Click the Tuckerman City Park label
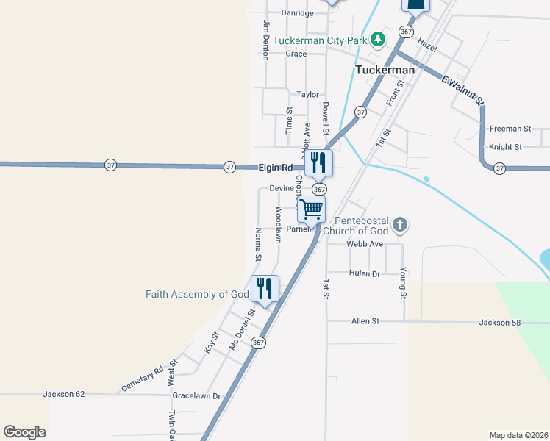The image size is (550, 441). point(319,40)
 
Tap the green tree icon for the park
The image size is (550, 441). point(377,38)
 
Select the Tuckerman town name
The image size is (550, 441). point(385,70)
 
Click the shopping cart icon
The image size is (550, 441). point(312,209)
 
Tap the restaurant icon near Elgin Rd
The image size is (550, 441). point(319,162)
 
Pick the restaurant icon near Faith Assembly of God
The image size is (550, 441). point(265,288)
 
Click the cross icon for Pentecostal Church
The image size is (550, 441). point(399,224)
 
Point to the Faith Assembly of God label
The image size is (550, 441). point(198,294)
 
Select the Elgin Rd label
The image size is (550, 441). point(276,168)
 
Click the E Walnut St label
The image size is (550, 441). point(462,90)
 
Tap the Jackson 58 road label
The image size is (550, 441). point(500,322)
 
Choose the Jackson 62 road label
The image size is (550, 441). point(65,394)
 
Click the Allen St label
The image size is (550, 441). point(365,321)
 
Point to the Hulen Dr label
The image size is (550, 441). point(365,273)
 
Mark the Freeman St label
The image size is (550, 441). point(505,129)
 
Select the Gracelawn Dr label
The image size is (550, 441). point(196,395)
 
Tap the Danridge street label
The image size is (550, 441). point(298,13)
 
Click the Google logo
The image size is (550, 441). point(25,432)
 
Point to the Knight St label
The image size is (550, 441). point(505,147)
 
